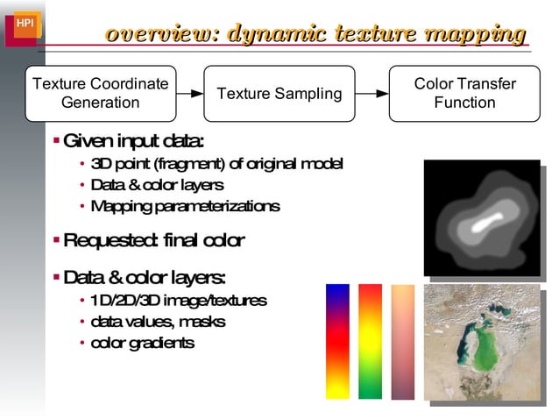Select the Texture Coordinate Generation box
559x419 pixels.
[x=99, y=93]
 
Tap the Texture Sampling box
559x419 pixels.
[x=279, y=93]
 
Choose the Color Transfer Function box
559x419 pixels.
[x=464, y=93]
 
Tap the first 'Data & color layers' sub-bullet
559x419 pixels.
[x=157, y=185]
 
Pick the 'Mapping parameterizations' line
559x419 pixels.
[x=185, y=206]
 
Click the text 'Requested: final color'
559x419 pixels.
[x=153, y=240]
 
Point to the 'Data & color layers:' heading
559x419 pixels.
[x=145, y=278]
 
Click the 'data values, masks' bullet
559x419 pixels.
[x=158, y=322]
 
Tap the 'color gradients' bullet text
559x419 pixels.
[x=142, y=343]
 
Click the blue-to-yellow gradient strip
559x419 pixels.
[x=337, y=341]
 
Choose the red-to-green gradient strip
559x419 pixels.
[x=370, y=341]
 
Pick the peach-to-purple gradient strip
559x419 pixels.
[x=402, y=341]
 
